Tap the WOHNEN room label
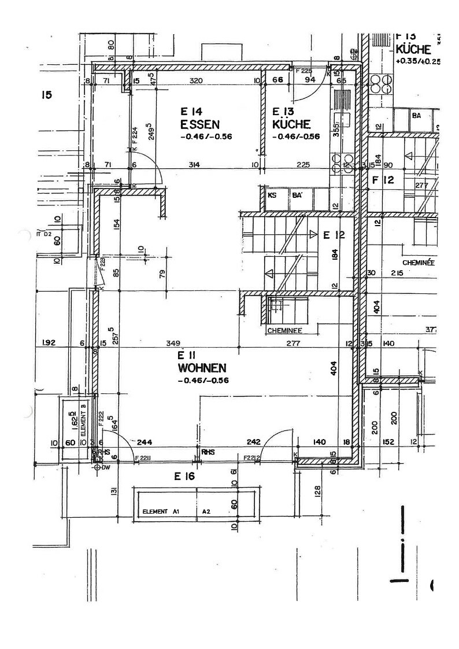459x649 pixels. click(x=202, y=367)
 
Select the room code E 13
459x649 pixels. click(x=284, y=112)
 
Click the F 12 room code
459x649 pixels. click(x=383, y=180)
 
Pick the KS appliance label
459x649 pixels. click(x=272, y=196)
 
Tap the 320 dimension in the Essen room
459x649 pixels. click(x=196, y=81)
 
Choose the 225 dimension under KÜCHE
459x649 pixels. click(x=302, y=165)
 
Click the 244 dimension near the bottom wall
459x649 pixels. click(x=145, y=442)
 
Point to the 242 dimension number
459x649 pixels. click(x=254, y=442)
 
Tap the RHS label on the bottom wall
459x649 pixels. click(x=208, y=452)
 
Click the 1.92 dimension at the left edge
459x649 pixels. click(x=49, y=344)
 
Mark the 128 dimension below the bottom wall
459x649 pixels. click(x=317, y=492)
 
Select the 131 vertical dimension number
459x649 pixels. click(x=114, y=491)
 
